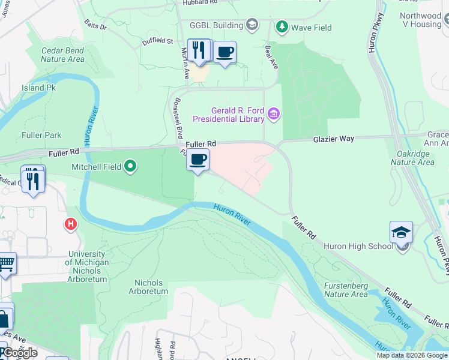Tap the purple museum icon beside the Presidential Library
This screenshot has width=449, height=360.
click(x=274, y=114)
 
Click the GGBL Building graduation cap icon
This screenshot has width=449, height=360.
click(x=252, y=25)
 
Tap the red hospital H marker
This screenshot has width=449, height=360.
click(x=71, y=224)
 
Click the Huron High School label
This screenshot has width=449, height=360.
click(x=358, y=246)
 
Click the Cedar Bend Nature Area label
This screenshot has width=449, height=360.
click(x=62, y=55)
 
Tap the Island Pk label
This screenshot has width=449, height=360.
click(x=38, y=88)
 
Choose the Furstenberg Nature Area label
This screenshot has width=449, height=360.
click(x=346, y=290)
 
